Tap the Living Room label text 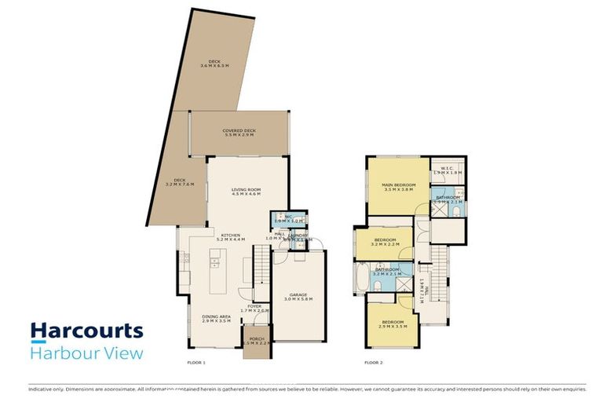pyautogui.click(x=246, y=192)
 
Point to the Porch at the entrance pyautogui.click(x=254, y=345)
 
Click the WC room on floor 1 pyautogui.click(x=288, y=219)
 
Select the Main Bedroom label pyautogui.click(x=398, y=188)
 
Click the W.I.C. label pyautogui.click(x=449, y=170)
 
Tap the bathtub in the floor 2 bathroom pyautogui.click(x=360, y=276)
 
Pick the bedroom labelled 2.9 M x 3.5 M pyautogui.click(x=393, y=324)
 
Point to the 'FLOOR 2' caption pyautogui.click(x=374, y=364)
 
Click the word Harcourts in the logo pyautogui.click(x=86, y=331)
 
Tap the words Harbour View pyautogui.click(x=86, y=353)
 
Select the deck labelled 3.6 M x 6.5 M pyautogui.click(x=214, y=63)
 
